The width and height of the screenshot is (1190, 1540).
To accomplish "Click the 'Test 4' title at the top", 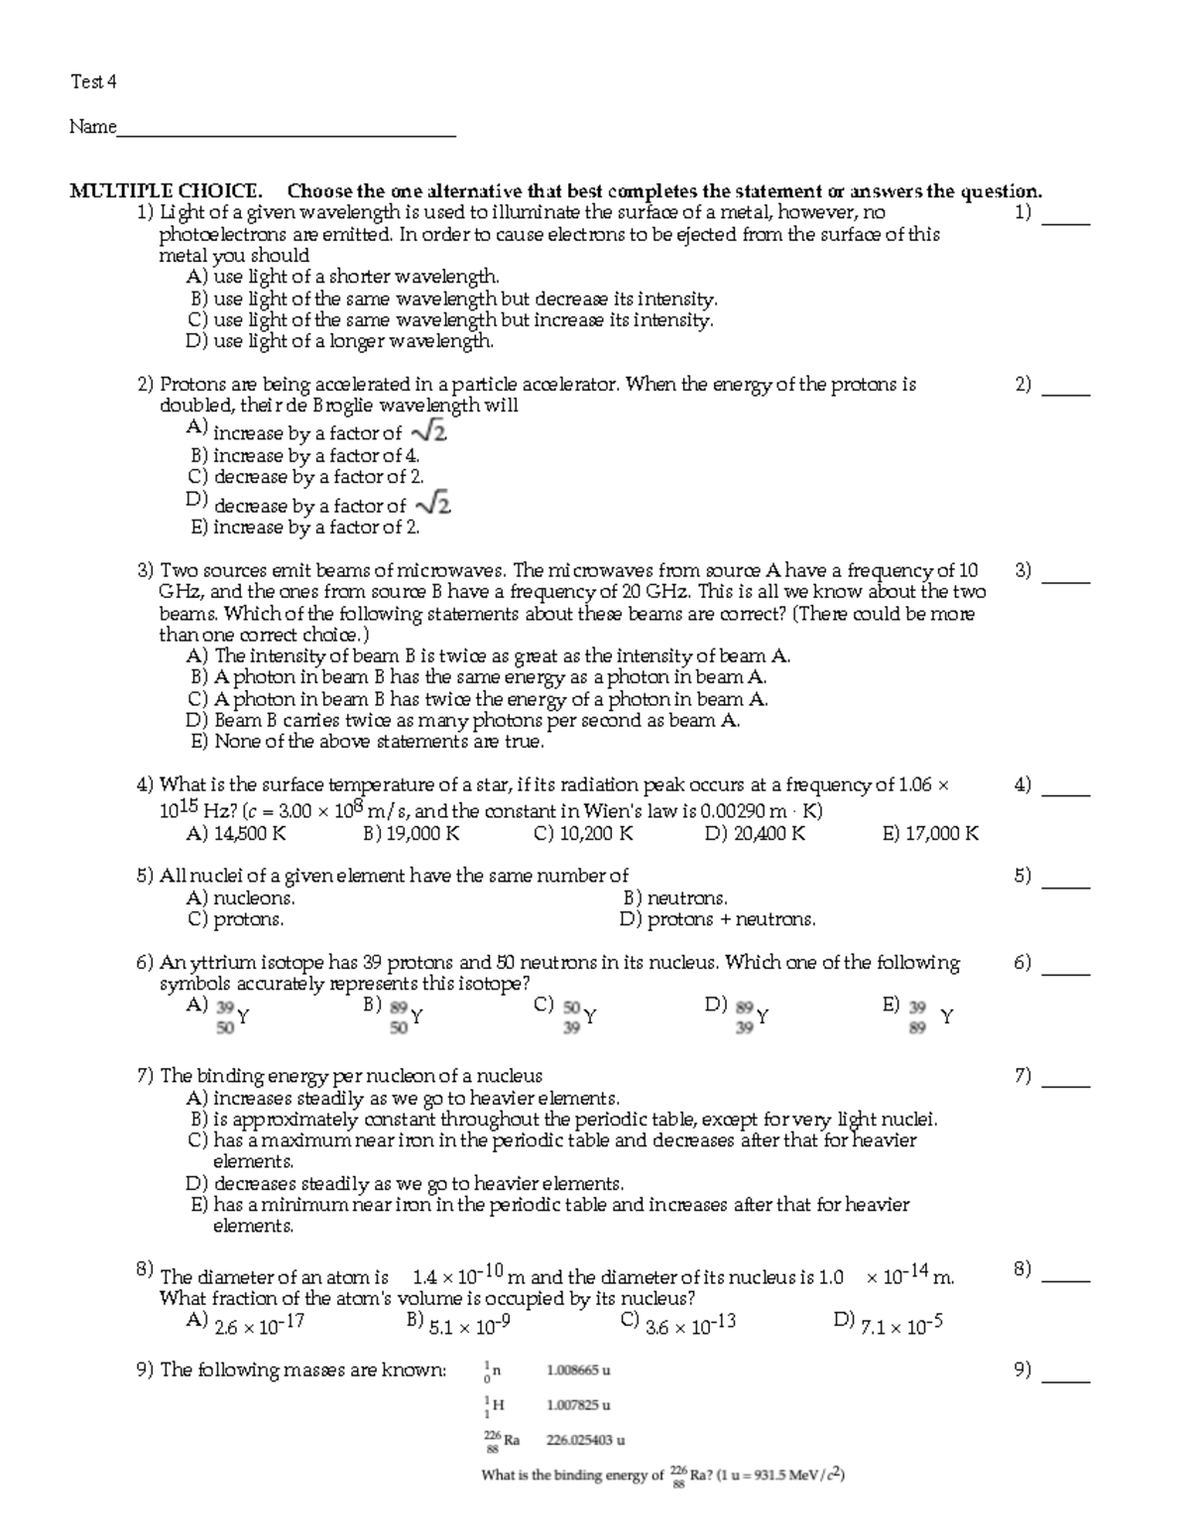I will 93,82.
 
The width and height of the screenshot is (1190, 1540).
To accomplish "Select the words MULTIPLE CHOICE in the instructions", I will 166,191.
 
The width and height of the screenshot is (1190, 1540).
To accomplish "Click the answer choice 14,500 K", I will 236,834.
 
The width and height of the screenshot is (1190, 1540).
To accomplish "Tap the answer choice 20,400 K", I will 755,834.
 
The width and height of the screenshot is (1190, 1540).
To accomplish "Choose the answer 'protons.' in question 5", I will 235,919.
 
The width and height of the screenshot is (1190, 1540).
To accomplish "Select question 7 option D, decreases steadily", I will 406,1183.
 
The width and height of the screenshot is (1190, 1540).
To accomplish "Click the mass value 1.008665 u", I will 578,1370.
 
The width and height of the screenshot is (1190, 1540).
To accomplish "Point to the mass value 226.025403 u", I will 585,1440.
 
